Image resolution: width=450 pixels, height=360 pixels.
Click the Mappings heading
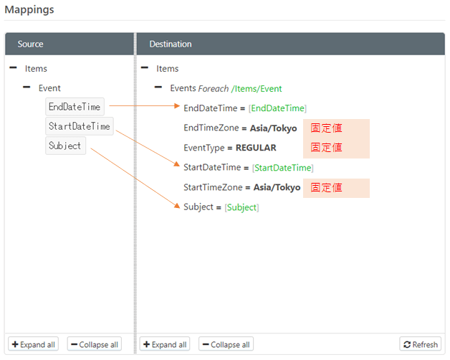pyautogui.click(x=29, y=11)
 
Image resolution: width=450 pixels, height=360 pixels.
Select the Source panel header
pyautogui.click(x=30, y=44)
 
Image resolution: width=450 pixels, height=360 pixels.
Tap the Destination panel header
pyautogui.click(x=170, y=44)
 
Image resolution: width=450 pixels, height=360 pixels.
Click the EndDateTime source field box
pyautogui.click(x=75, y=107)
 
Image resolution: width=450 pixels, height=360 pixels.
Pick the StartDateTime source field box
pyautogui.click(x=79, y=127)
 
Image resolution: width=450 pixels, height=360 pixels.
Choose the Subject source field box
pyautogui.click(x=65, y=146)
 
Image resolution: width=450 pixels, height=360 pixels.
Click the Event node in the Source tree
pyautogui.click(x=49, y=88)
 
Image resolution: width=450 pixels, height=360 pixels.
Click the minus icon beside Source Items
pyautogui.click(x=14, y=68)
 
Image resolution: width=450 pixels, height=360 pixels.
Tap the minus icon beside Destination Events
pyautogui.click(x=159, y=88)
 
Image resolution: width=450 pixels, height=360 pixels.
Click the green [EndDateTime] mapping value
pyautogui.click(x=277, y=108)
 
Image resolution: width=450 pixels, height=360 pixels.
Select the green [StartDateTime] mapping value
pyautogui.click(x=282, y=168)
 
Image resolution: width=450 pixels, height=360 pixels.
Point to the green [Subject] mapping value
pyautogui.click(x=241, y=207)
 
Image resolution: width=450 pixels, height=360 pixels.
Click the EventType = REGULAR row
pyautogui.click(x=229, y=148)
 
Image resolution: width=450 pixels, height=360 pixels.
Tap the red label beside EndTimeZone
pyautogui.click(x=326, y=128)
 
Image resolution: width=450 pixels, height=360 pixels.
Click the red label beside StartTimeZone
pyautogui.click(x=326, y=188)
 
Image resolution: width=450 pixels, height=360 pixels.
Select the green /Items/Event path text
pyautogui.click(x=257, y=89)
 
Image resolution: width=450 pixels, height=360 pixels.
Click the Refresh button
pyautogui.click(x=420, y=344)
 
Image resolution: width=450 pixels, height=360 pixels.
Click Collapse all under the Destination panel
pyautogui.click(x=226, y=344)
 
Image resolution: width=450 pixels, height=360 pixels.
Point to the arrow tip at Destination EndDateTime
pyautogui.click(x=179, y=107)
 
